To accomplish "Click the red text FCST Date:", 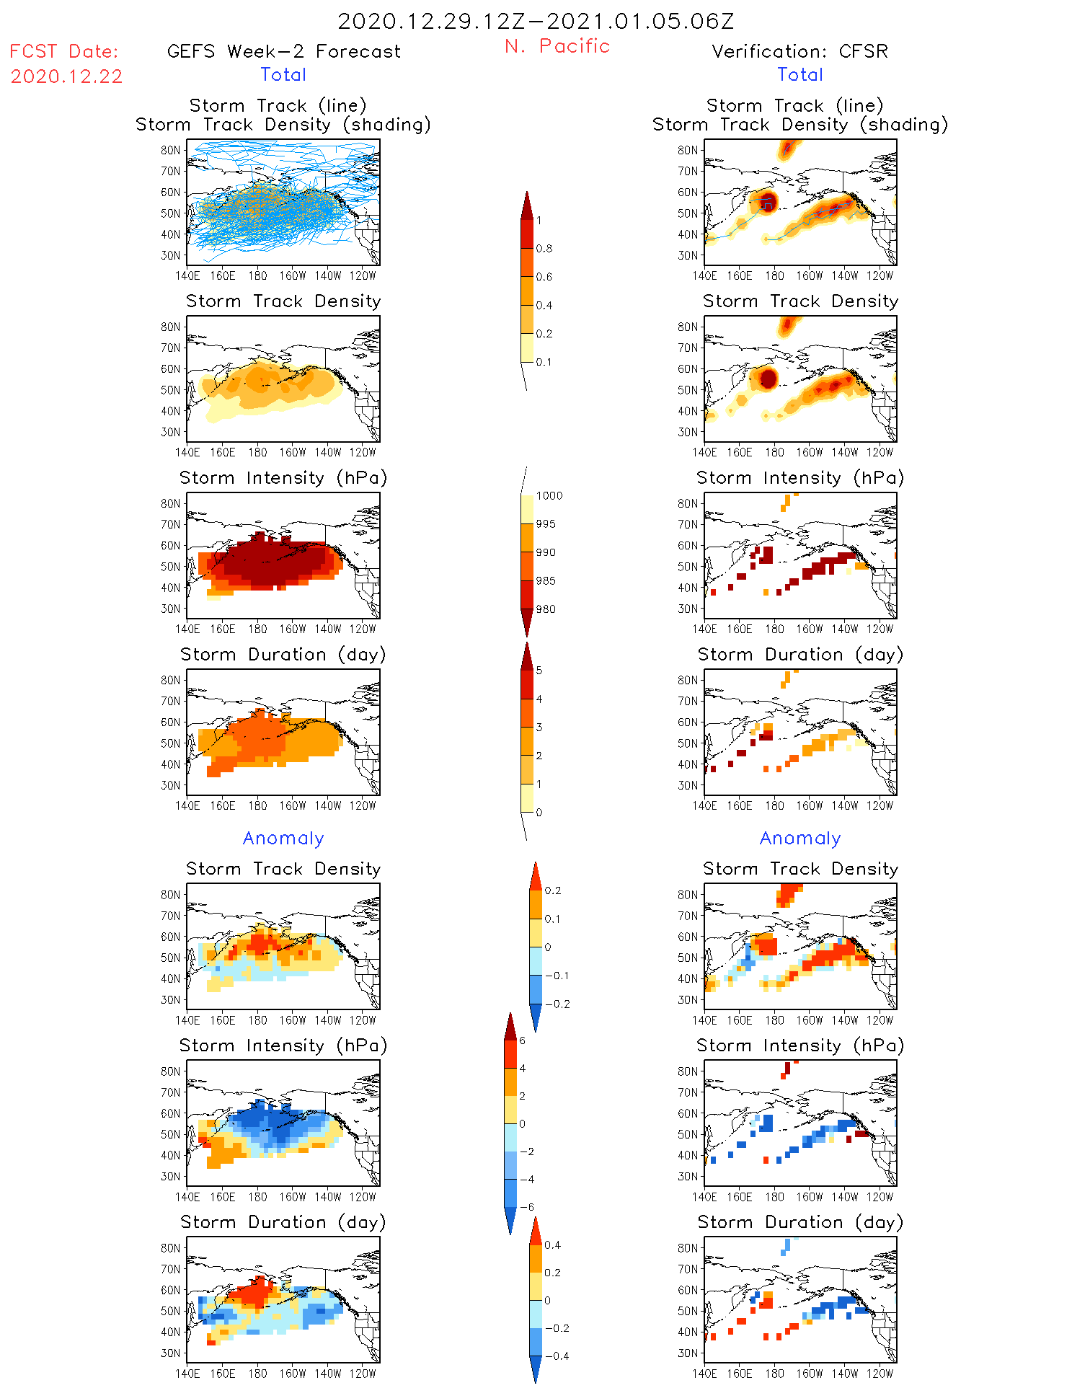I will [x=64, y=52].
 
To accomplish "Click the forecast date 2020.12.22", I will [x=66, y=76].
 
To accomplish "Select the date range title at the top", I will [x=536, y=22].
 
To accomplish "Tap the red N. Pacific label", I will [x=557, y=46].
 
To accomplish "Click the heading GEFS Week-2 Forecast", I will [x=283, y=52].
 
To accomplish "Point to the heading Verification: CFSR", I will [x=799, y=52].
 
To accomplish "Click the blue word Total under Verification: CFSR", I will [x=800, y=75].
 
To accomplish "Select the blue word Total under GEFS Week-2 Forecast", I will [x=283, y=75].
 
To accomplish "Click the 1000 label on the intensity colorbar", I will [x=549, y=496].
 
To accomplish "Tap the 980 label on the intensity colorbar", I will [x=546, y=609].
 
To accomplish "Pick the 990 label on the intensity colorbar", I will [x=546, y=552].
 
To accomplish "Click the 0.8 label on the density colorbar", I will [x=544, y=249].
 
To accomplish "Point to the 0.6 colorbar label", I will [x=544, y=277].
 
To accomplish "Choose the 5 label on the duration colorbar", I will [x=539, y=671].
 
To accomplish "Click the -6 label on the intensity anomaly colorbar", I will [x=527, y=1207].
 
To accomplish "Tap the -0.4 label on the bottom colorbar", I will [x=557, y=1356].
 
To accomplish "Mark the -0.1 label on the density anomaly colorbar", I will [x=557, y=976].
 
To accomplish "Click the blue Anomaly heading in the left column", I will [x=283, y=839].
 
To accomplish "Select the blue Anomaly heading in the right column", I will [x=800, y=839].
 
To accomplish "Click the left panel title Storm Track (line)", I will [x=278, y=106].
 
